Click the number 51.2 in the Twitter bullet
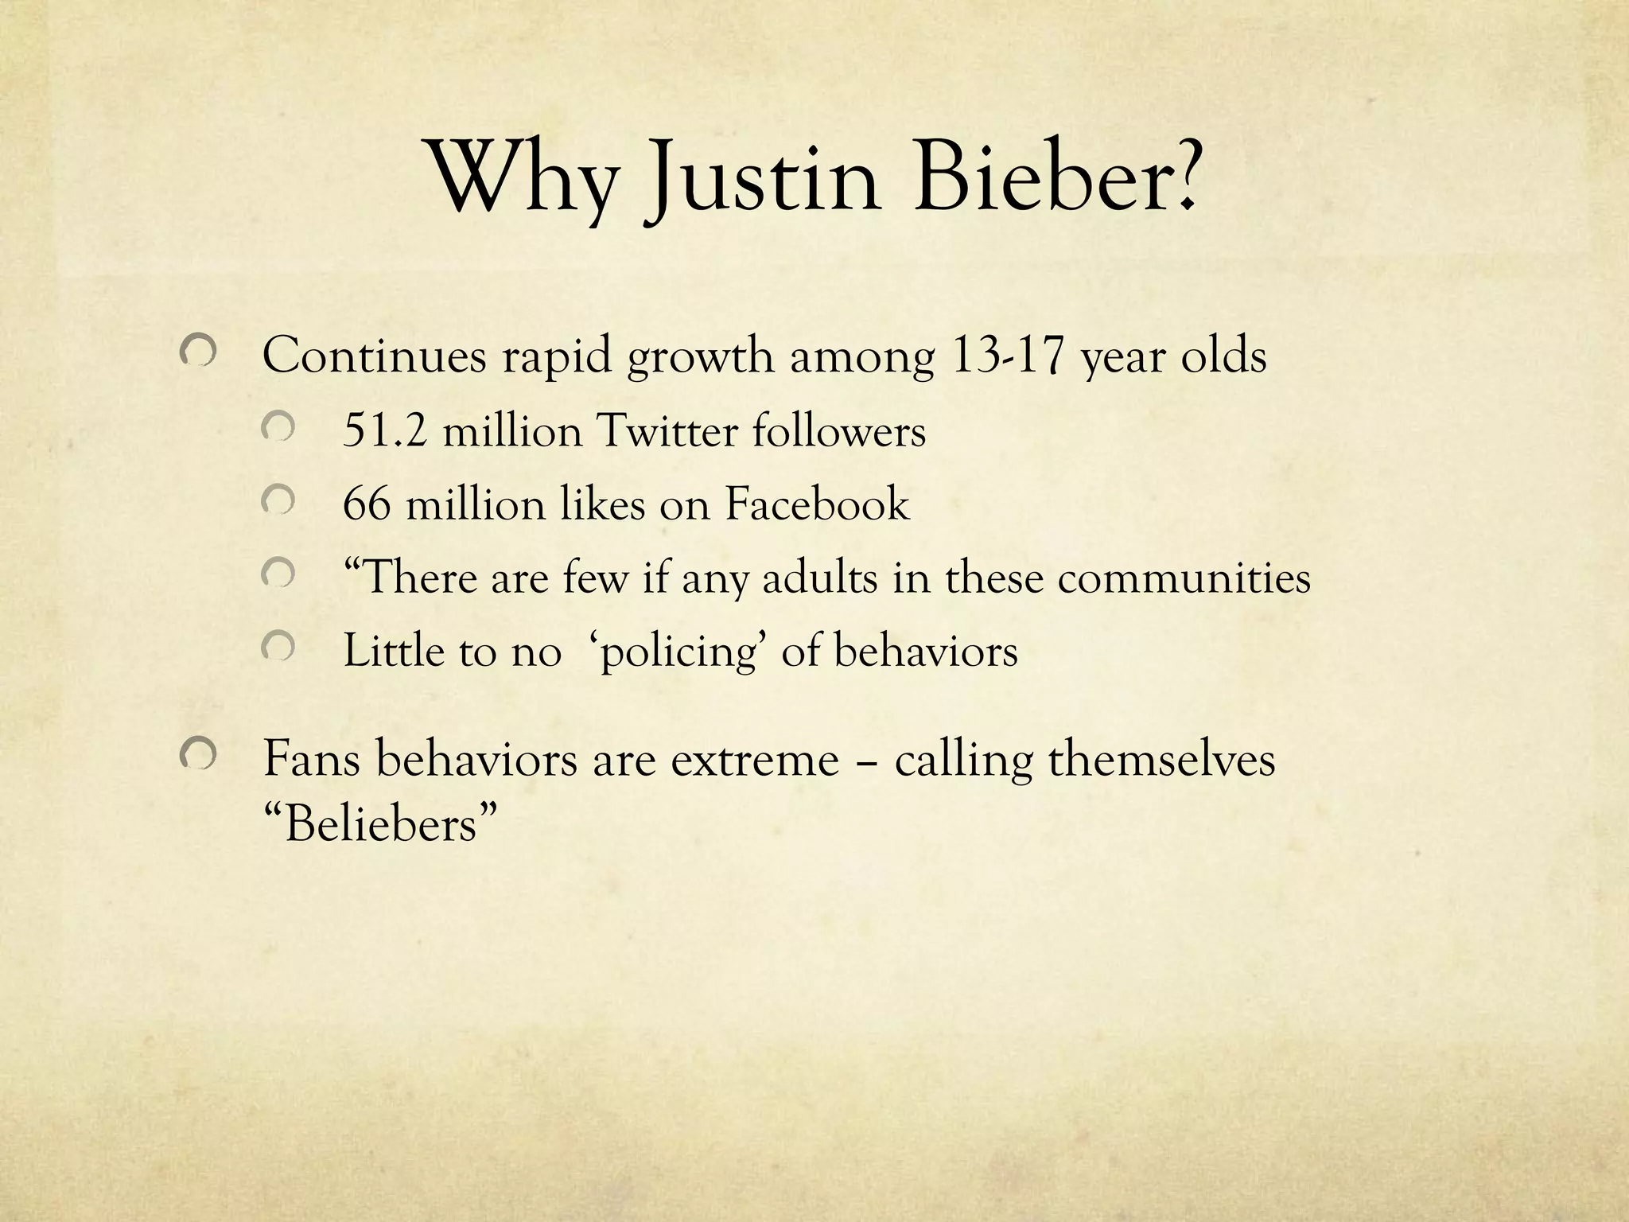384,432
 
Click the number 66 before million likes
367,504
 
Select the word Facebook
817,504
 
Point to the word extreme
755,759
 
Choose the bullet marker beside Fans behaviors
197,753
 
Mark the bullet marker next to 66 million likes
278,501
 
